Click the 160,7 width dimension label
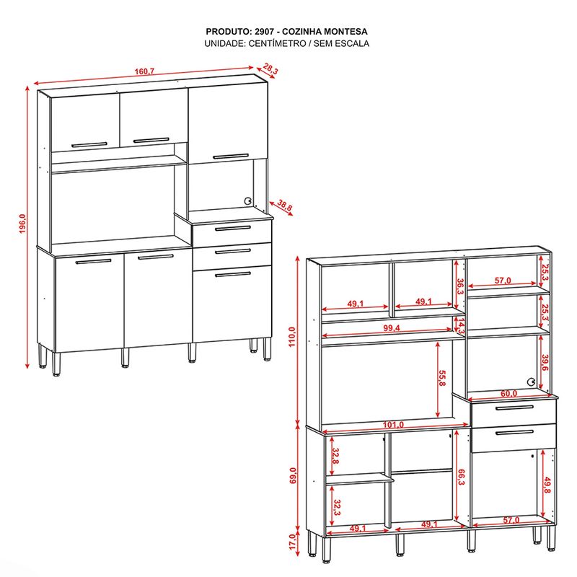[x=144, y=71]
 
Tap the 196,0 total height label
[x=22, y=224]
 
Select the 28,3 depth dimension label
[x=270, y=69]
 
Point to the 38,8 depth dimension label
[x=284, y=206]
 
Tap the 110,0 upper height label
[x=292, y=337]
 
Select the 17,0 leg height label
[x=292, y=542]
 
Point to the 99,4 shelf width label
[x=392, y=328]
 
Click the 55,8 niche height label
[x=441, y=378]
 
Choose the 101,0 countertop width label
[x=393, y=425]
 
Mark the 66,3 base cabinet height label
[x=460, y=477]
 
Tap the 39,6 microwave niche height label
[x=545, y=364]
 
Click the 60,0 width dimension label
[x=509, y=393]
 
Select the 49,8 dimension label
[x=547, y=485]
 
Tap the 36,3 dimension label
[x=460, y=286]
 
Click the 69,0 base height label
[x=292, y=475]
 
